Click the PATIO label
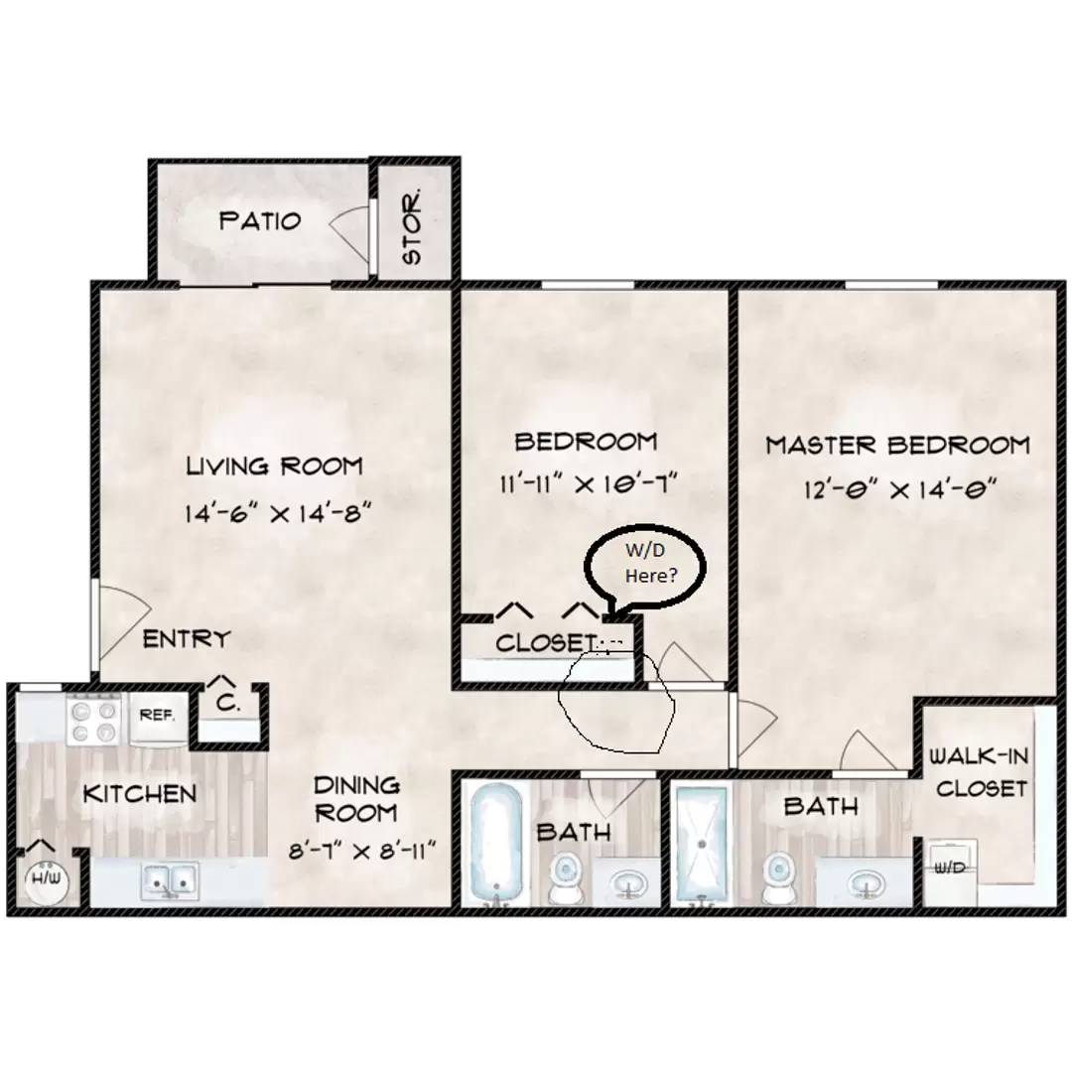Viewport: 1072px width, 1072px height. tap(260, 220)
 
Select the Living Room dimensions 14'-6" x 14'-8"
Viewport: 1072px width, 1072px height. tap(278, 512)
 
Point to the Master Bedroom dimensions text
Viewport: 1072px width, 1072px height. tap(899, 488)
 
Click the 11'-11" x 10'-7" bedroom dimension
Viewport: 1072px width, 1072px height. tap(588, 484)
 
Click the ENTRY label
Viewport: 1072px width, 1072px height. tap(186, 639)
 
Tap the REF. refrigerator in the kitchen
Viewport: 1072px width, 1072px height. tap(157, 717)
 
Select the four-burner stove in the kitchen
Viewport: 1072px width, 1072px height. tap(93, 720)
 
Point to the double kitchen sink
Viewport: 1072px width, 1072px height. tap(170, 880)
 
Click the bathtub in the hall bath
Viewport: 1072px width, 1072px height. tap(496, 845)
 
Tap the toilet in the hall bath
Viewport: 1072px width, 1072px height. tap(566, 878)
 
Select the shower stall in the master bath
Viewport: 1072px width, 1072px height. tap(702, 845)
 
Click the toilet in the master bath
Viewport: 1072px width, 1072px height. tap(778, 878)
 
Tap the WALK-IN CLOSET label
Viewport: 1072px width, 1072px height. tap(981, 772)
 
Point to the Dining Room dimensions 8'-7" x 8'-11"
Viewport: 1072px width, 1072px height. tap(361, 852)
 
